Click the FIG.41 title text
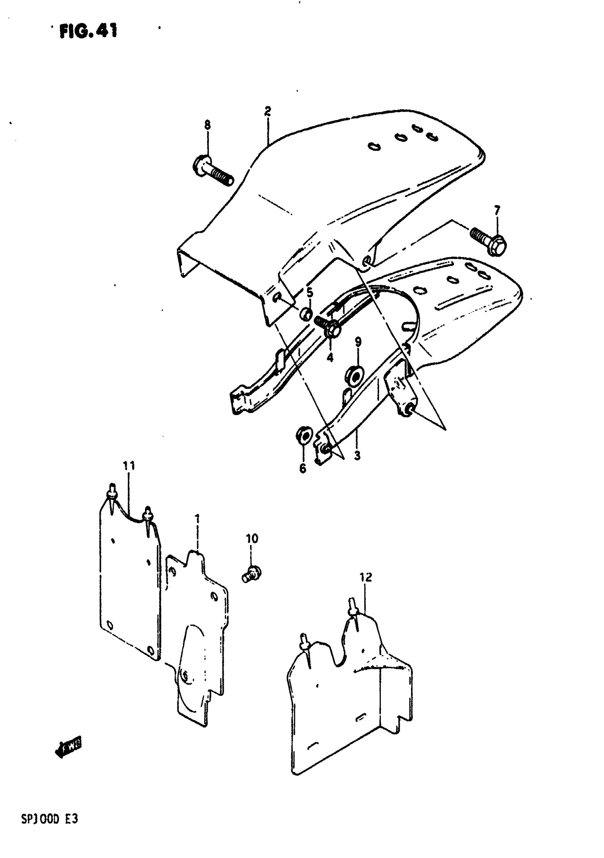tap(88, 31)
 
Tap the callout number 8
tap(207, 124)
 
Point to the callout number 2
tap(267, 111)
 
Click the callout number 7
tap(497, 211)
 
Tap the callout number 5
tap(310, 293)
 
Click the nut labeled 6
tap(302, 436)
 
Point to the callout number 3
tap(357, 456)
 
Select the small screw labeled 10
tap(252, 574)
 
